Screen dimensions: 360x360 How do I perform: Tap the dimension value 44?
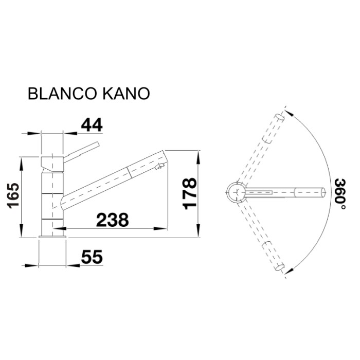pyautogui.click(x=91, y=125)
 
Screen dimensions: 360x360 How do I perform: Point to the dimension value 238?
pyautogui.click(x=113, y=220)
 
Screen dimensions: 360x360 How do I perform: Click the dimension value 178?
pyautogui.click(x=190, y=194)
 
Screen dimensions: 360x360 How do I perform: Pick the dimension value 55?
pyautogui.click(x=92, y=257)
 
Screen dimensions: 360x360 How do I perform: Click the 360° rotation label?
pyautogui.click(x=339, y=194)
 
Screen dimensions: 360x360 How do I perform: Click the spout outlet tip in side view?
pyautogui.click(x=161, y=166)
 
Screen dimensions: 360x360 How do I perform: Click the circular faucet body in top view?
pyautogui.click(x=236, y=192)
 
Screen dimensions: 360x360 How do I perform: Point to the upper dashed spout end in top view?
pyautogui.click(x=280, y=117)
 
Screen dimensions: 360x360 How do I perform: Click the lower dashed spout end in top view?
pyautogui.click(x=280, y=266)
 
